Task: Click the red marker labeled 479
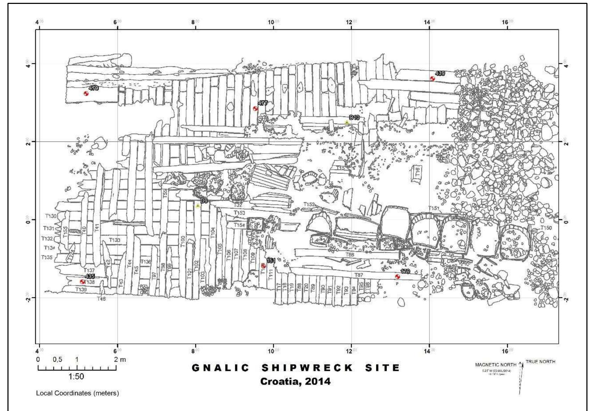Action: [x=86, y=94]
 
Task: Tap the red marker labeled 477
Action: [x=255, y=109]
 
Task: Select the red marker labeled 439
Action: [x=432, y=79]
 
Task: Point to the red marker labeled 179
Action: [x=397, y=277]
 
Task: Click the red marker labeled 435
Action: [x=82, y=282]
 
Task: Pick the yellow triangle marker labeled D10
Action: [x=347, y=122]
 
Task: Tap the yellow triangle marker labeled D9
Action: [x=197, y=206]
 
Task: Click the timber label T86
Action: [x=350, y=255]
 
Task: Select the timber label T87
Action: [x=359, y=275]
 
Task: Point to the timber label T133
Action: [x=115, y=240]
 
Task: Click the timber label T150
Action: [x=546, y=228]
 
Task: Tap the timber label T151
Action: [x=434, y=208]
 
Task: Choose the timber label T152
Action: [x=309, y=205]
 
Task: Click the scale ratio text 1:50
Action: [x=76, y=377]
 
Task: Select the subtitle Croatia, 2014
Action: [x=295, y=382]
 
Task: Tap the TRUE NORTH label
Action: [x=540, y=362]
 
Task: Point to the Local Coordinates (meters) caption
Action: [x=77, y=393]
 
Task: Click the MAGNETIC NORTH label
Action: [x=496, y=365]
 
